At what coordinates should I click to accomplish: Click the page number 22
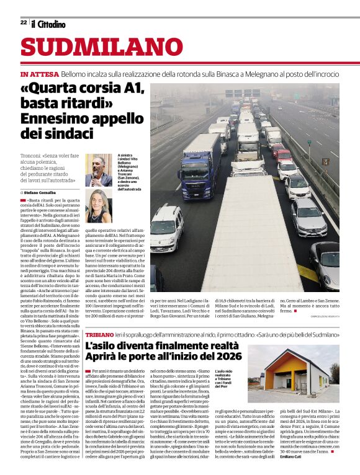[23, 22]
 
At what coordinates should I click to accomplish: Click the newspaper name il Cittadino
[48, 24]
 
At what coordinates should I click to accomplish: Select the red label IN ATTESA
[39, 74]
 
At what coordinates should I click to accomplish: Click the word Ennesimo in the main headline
[56, 117]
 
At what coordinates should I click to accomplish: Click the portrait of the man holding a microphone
[99, 170]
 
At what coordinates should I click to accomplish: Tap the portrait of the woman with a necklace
[99, 205]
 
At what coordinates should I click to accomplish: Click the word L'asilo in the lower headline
[101, 346]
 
